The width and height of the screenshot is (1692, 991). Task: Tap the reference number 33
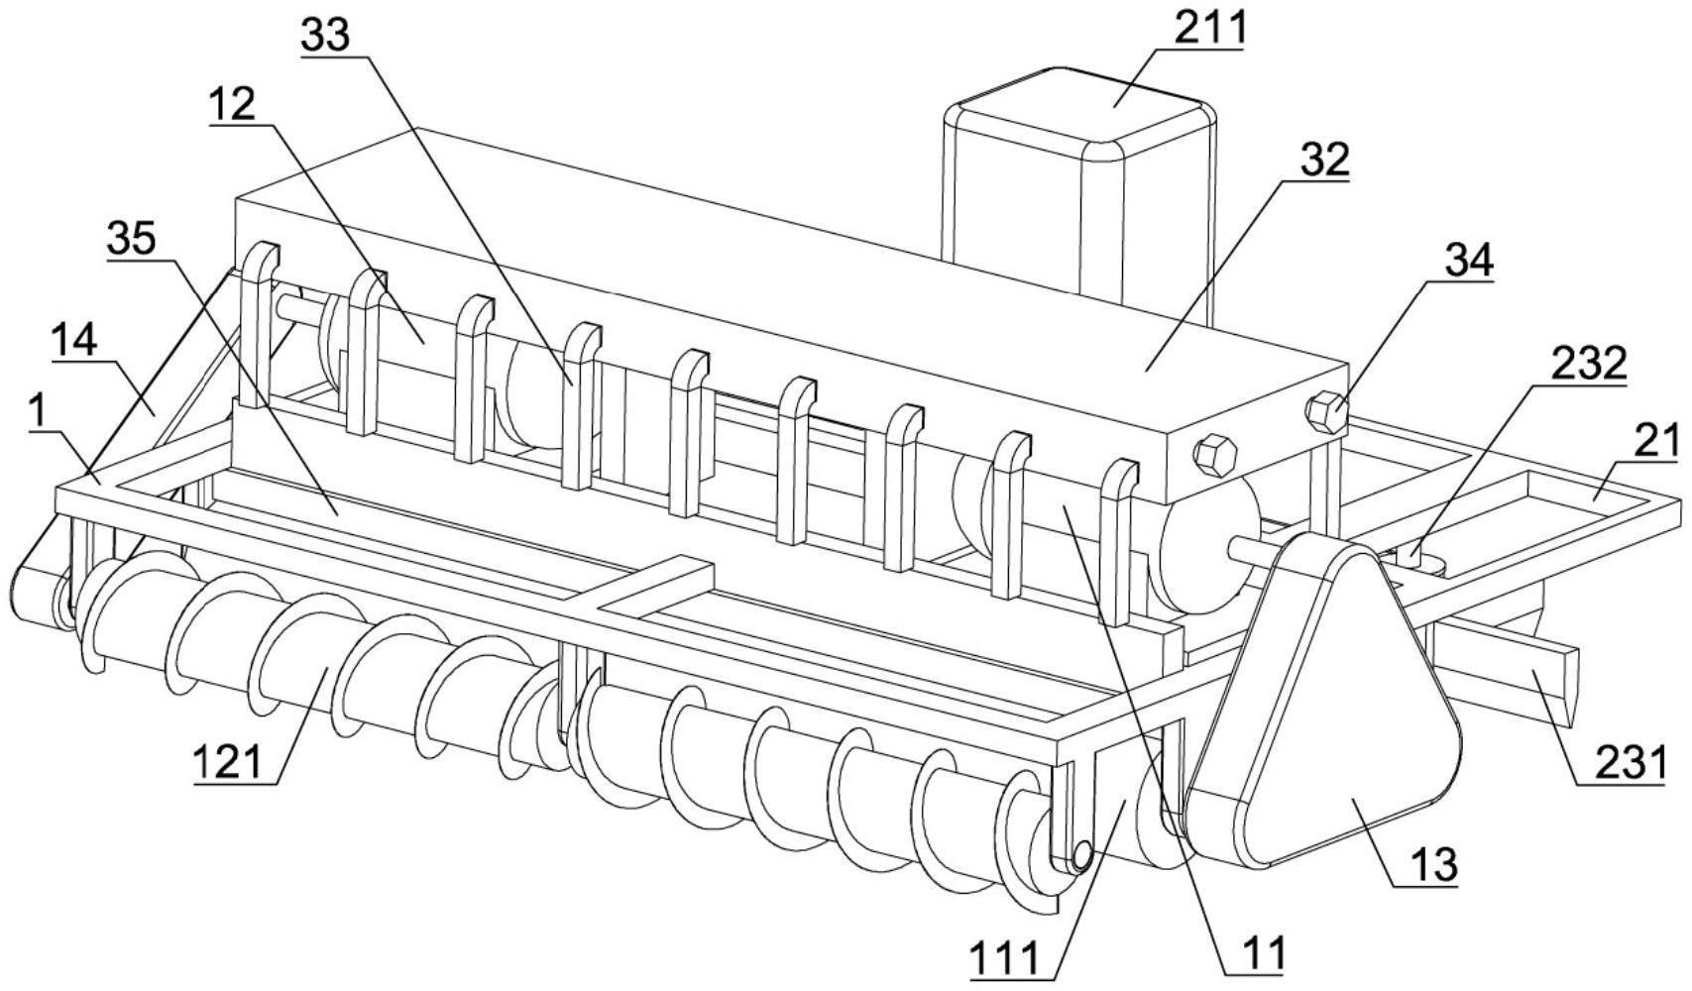coord(325,34)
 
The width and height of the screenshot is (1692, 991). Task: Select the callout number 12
coord(232,104)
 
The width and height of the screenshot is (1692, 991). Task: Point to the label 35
coord(132,239)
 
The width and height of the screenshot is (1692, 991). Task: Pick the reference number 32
coord(1324,160)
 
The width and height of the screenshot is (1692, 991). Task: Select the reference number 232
coord(1589,365)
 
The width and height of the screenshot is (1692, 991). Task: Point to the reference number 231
coord(1631,763)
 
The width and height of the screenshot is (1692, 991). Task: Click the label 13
coord(1434,865)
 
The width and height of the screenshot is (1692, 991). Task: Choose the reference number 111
coord(1004,959)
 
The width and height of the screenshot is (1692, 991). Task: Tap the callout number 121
coord(227,762)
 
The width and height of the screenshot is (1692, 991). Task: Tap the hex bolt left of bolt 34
coord(1214,455)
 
